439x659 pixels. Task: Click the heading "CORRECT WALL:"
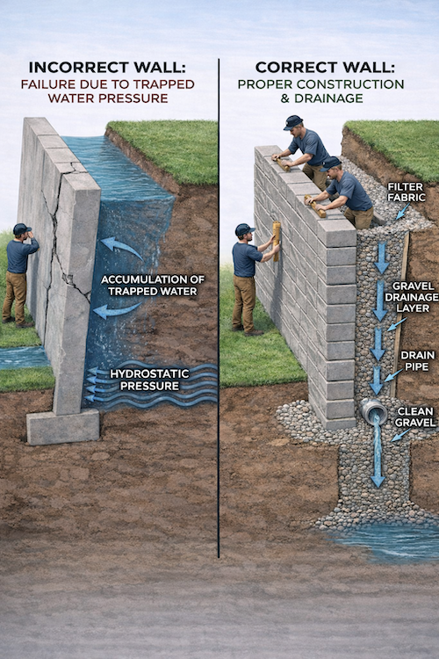click(327, 68)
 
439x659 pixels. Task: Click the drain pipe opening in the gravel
click(373, 411)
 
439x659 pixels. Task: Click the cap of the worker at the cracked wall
click(21, 229)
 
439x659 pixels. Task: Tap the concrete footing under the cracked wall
click(62, 426)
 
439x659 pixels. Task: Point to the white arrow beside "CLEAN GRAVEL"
click(399, 434)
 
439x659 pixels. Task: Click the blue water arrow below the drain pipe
click(377, 457)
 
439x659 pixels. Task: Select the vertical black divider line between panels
click(218, 308)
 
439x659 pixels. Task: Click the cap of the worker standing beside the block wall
click(243, 229)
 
